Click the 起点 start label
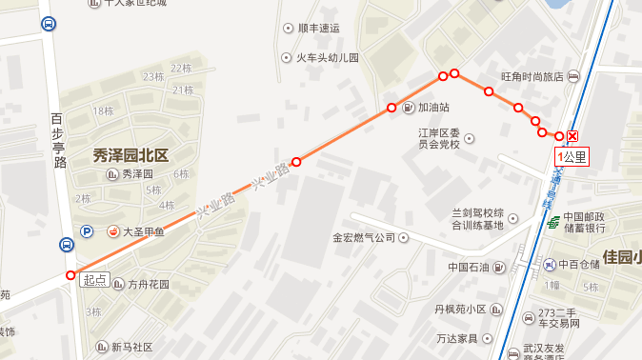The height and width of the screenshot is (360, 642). [x=94, y=280]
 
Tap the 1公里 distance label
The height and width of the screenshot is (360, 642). [x=572, y=156]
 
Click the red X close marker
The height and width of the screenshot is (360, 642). [x=572, y=136]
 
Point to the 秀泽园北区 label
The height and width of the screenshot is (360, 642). [x=130, y=155]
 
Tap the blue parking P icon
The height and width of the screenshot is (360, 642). [x=87, y=230]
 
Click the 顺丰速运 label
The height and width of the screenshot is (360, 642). [x=319, y=28]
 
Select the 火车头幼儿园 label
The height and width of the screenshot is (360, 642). [x=327, y=58]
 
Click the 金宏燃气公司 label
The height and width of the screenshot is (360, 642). [x=363, y=237]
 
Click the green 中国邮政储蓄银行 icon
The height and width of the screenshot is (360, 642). [x=553, y=223]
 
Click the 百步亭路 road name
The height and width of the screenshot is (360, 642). [x=60, y=142]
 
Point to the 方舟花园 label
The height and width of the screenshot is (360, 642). [x=148, y=284]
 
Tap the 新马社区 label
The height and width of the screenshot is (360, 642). [x=131, y=347]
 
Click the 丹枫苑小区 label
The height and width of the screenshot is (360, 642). [x=461, y=310]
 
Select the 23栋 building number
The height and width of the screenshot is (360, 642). [x=151, y=76]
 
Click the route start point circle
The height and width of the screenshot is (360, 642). [x=70, y=275]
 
